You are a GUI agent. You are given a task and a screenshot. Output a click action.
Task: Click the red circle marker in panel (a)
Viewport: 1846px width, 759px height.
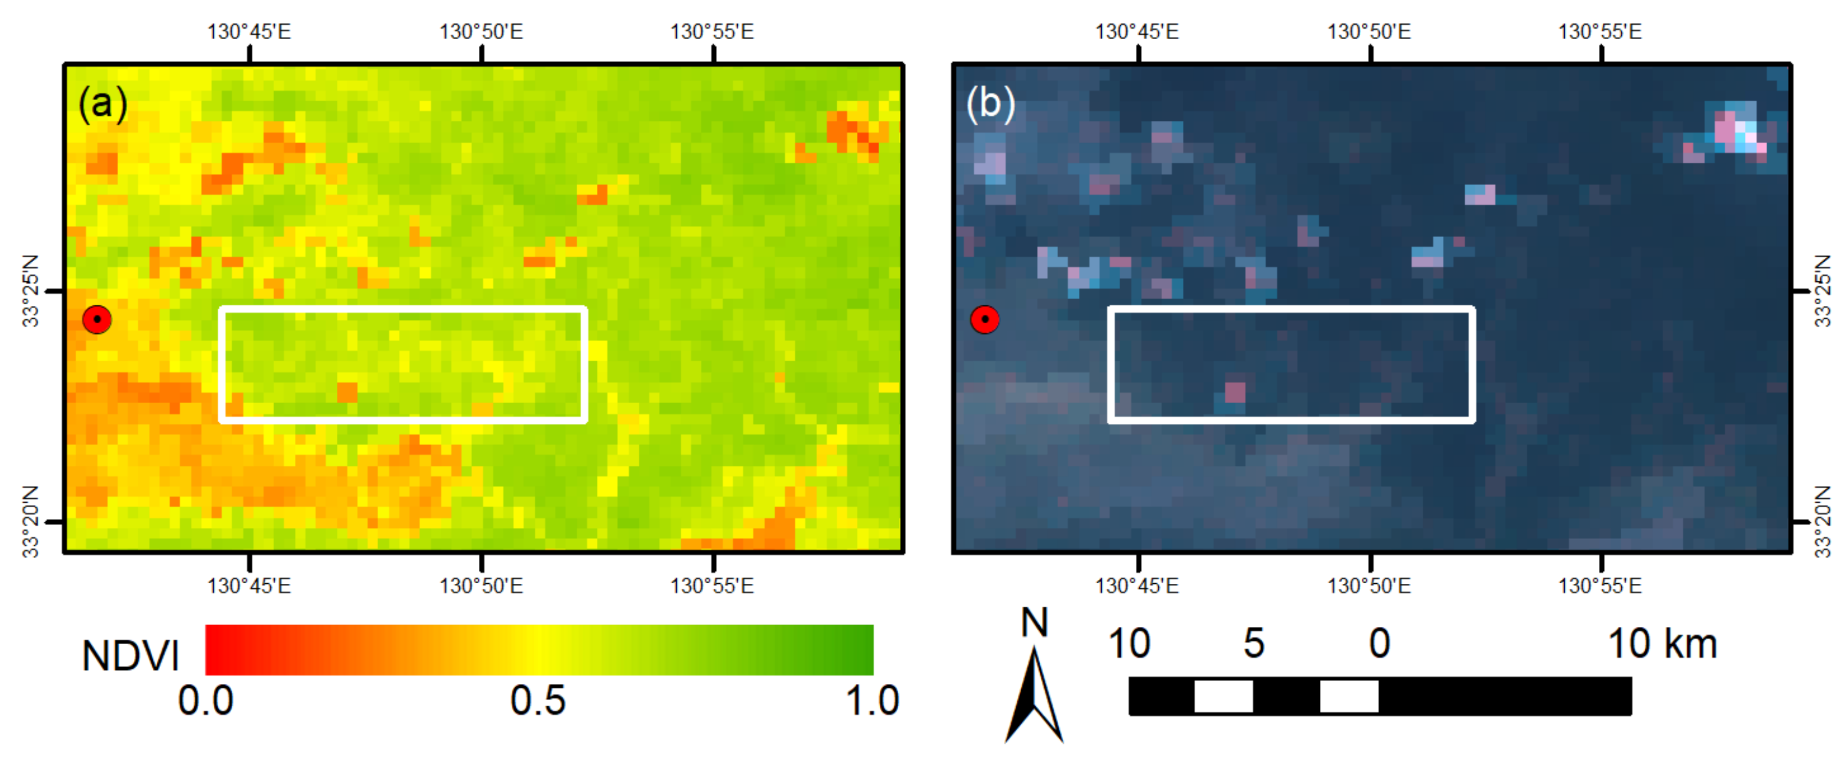(x=97, y=319)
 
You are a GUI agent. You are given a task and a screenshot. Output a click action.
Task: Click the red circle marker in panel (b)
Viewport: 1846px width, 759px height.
(x=985, y=319)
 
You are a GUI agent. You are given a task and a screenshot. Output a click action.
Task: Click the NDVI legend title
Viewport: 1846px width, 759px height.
(x=131, y=655)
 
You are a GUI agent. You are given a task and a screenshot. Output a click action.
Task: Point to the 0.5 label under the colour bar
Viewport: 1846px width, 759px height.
(x=538, y=700)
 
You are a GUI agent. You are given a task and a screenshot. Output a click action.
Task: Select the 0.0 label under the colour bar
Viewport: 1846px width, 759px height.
(x=206, y=700)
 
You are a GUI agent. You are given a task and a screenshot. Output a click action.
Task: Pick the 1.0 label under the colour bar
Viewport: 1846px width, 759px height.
(x=872, y=700)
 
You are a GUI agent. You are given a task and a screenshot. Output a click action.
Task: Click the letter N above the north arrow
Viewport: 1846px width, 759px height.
(x=1034, y=622)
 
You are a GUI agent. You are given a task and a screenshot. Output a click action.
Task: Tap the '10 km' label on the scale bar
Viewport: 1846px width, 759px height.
(x=1663, y=643)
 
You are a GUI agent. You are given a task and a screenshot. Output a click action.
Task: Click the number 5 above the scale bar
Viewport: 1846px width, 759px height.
(x=1254, y=643)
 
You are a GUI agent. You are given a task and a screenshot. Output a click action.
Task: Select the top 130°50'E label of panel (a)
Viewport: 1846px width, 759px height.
(x=481, y=32)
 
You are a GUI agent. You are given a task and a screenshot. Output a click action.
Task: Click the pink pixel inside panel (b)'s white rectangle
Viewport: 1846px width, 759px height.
(x=1234, y=392)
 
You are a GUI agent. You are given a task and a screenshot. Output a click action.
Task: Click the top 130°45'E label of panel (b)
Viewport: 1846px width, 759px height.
(x=1137, y=32)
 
